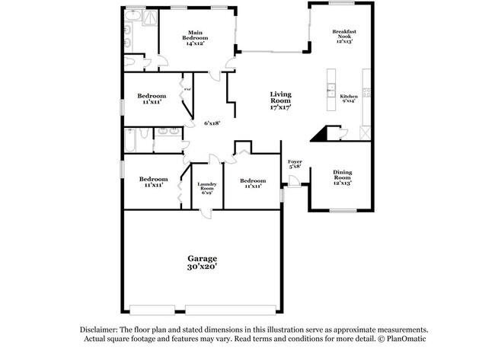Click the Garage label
pyautogui.click(x=203, y=259)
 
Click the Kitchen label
pyautogui.click(x=348, y=97)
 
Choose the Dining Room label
pyautogui.click(x=343, y=173)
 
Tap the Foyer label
pyautogui.click(x=295, y=162)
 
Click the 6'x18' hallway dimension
pyautogui.click(x=212, y=123)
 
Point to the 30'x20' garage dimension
pyautogui.click(x=203, y=267)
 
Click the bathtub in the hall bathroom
pyautogui.click(x=138, y=141)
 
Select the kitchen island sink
pyautogui.click(x=331, y=90)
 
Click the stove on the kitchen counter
pyautogui.click(x=366, y=93)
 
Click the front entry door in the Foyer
pyautogui.click(x=293, y=180)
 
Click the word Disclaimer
pyautogui.click(x=98, y=330)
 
